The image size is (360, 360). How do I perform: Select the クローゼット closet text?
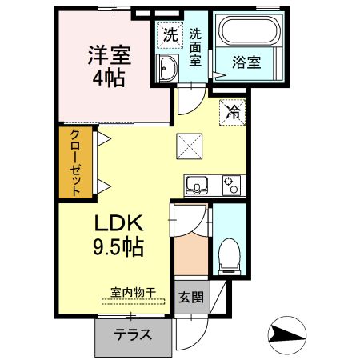tap(75, 162)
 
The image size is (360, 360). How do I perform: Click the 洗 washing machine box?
tap(169, 34)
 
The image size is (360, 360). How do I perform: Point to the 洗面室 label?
tap(196, 47)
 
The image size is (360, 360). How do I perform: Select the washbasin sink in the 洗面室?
tap(168, 69)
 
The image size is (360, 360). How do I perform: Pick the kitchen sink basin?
tap(197, 186)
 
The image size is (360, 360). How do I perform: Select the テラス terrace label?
tap(134, 335)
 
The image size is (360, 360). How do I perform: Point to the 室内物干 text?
tap(133, 292)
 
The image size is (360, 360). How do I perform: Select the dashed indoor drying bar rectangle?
tap(133, 302)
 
